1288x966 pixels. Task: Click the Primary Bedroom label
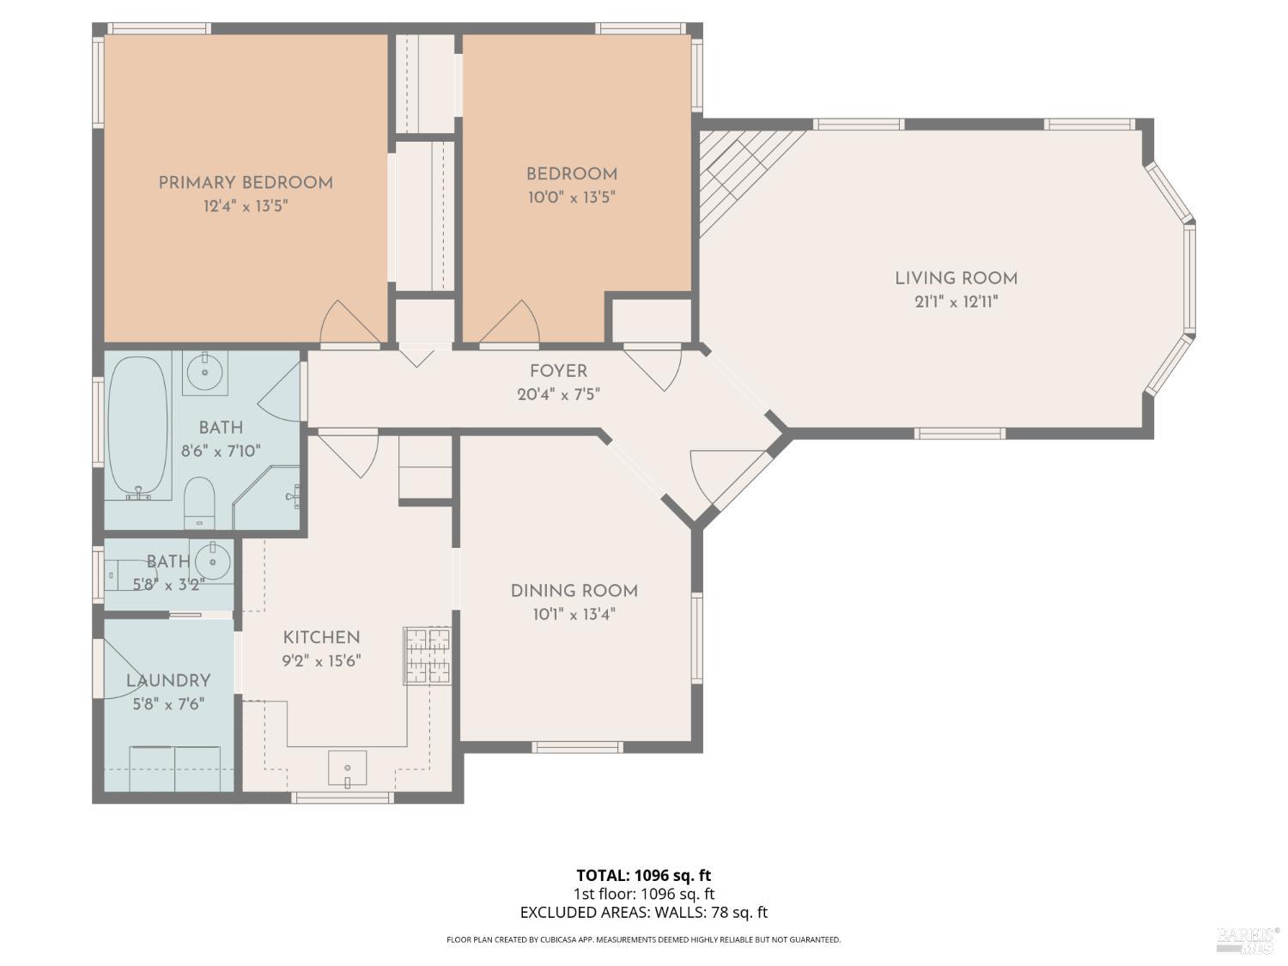[246, 183]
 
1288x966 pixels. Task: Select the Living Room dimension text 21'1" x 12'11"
[956, 302]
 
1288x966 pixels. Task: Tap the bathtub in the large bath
[137, 426]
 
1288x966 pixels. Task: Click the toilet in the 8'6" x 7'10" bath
[199, 502]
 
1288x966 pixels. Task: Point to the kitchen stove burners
[427, 656]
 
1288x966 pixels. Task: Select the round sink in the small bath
[212, 562]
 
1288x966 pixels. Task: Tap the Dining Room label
[574, 591]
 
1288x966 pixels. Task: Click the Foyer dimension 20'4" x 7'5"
[558, 395]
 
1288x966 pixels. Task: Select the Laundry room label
[168, 681]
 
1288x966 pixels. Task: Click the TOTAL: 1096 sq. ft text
[643, 876]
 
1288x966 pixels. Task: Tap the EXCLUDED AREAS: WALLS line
[643, 913]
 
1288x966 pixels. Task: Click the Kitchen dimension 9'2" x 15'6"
[321, 661]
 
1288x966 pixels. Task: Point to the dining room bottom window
[577, 747]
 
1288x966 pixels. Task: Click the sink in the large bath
[205, 372]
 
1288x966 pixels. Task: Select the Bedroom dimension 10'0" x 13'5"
[571, 197]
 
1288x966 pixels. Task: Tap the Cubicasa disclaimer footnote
[643, 939]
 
